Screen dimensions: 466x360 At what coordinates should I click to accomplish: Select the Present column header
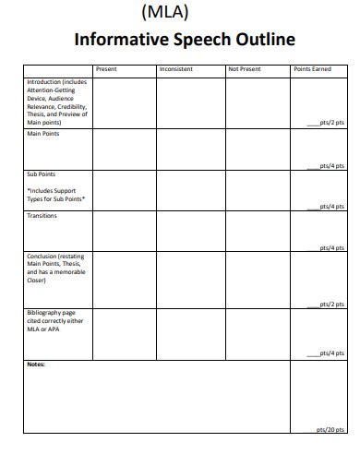(106, 69)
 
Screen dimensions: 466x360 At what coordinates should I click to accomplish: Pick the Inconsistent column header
(176, 69)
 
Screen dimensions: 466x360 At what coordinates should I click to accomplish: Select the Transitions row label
(42, 216)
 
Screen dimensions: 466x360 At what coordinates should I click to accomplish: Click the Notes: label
(35, 364)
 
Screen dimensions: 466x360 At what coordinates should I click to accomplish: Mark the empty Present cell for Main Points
(123, 149)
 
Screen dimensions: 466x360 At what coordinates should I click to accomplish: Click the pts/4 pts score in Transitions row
(330, 247)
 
